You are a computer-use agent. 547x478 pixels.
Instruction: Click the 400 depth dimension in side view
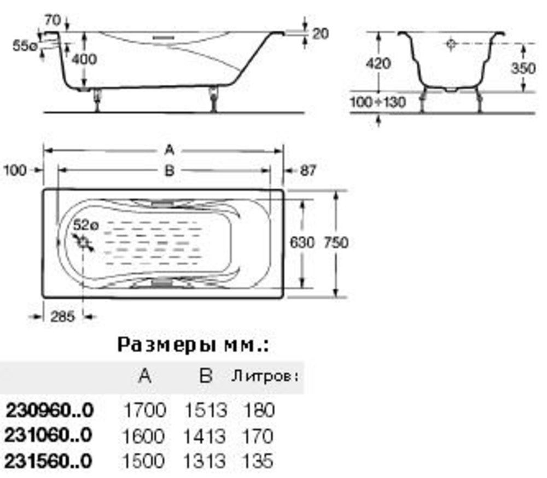click(x=84, y=59)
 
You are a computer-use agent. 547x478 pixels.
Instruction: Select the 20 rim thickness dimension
click(x=320, y=34)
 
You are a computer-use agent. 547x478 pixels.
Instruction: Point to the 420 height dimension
click(x=379, y=63)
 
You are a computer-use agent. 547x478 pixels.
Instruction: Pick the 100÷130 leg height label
click(x=378, y=102)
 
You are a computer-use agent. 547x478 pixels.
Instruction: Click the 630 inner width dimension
click(x=302, y=242)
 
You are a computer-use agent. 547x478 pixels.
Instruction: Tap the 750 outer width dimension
click(x=336, y=242)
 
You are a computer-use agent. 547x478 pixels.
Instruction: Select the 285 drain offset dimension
click(x=63, y=317)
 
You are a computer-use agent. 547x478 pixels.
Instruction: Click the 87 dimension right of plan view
click(x=307, y=171)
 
